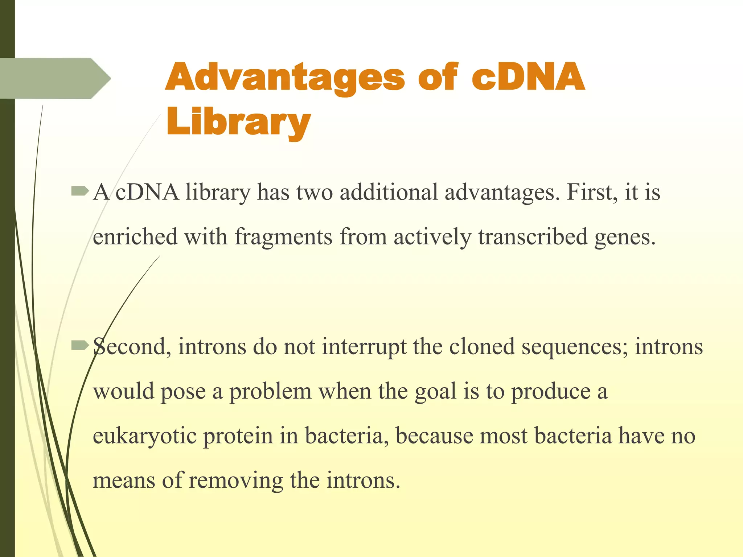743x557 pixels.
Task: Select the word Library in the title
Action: tap(238, 121)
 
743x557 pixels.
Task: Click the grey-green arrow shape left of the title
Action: tap(54, 78)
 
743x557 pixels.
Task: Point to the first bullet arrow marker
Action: tap(80, 191)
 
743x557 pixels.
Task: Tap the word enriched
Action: tap(135, 237)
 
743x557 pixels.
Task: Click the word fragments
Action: tap(283, 237)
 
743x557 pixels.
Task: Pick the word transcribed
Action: tap(533, 237)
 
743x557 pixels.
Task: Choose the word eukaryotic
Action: tap(144, 436)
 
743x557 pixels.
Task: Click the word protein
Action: tap(238, 436)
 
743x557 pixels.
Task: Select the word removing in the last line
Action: tap(235, 481)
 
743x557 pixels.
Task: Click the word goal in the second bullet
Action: tap(435, 392)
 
